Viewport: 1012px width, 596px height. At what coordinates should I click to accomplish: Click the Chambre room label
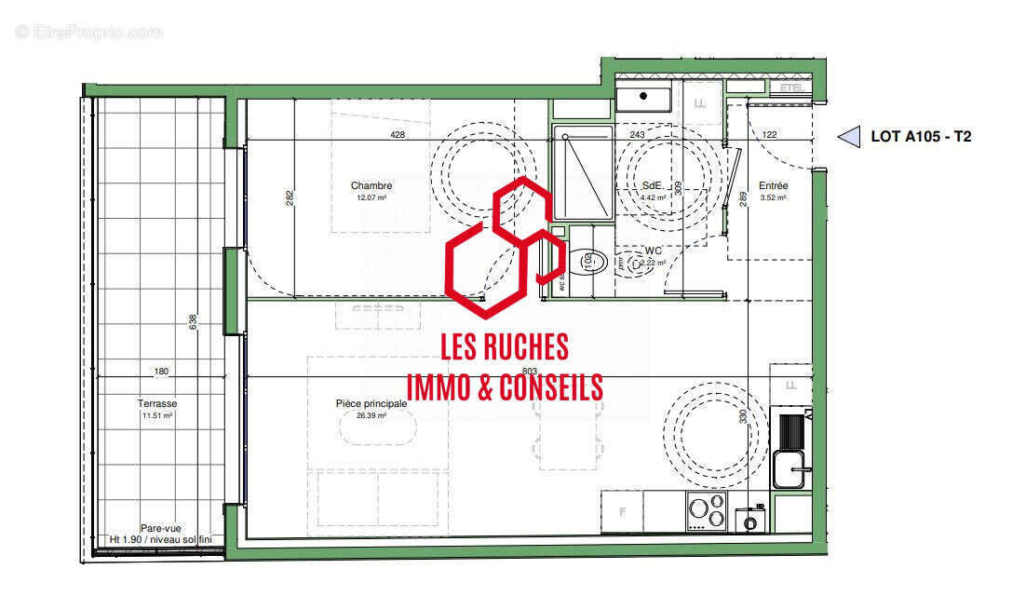click(371, 185)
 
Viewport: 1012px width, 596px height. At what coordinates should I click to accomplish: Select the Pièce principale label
click(371, 403)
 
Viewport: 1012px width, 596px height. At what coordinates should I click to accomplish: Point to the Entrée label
click(773, 185)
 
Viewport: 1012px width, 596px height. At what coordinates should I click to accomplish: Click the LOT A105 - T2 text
click(921, 137)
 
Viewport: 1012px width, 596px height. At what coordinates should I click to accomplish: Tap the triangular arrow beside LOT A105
click(848, 137)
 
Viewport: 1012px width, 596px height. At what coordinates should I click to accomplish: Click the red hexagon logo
click(504, 248)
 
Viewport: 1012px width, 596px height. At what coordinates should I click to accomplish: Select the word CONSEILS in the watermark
click(553, 387)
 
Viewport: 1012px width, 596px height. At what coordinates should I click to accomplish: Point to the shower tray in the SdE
click(582, 174)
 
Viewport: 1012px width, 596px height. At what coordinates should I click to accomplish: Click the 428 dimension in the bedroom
click(398, 135)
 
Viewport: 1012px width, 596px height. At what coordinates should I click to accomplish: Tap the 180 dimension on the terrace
click(161, 372)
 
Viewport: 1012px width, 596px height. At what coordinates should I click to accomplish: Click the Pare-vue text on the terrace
click(159, 528)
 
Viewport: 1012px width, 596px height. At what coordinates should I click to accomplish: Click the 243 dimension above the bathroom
click(637, 135)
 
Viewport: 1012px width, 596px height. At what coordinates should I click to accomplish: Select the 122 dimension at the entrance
click(769, 135)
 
